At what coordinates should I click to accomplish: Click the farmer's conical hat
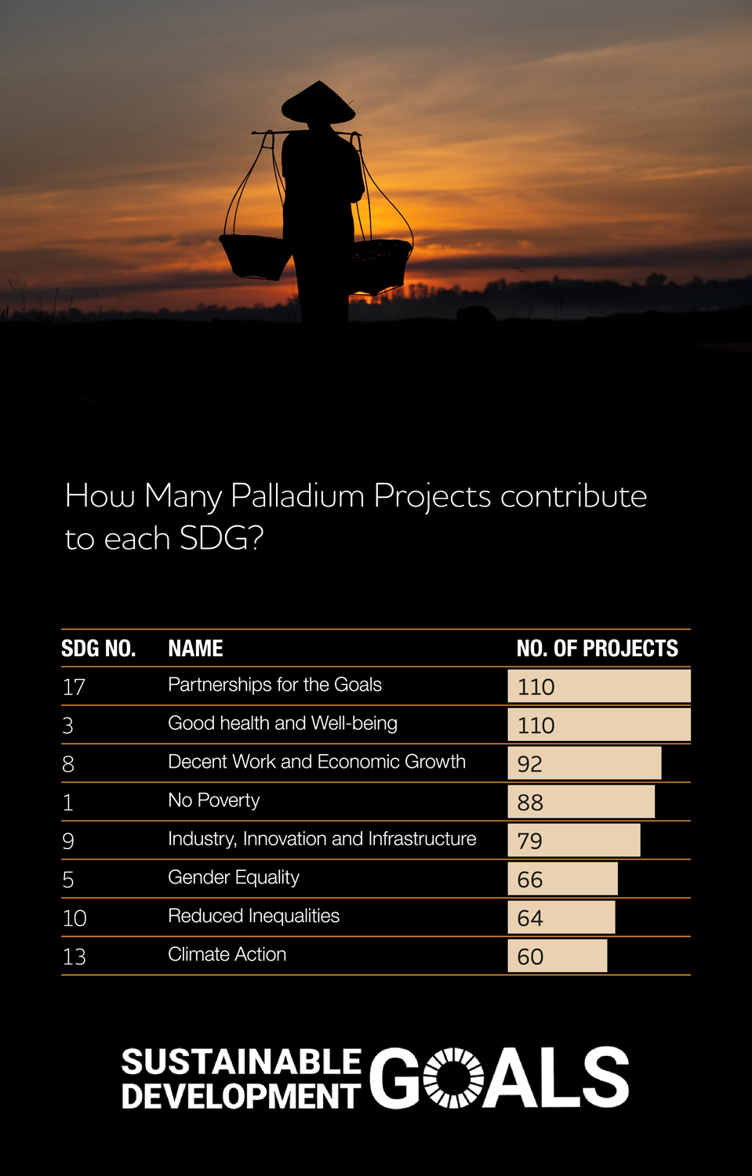tap(318, 103)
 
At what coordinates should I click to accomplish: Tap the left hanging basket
tap(255, 257)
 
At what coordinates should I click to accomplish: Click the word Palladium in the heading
tap(297, 496)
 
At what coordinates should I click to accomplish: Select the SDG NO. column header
tap(99, 648)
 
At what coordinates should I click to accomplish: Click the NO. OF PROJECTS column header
tap(597, 648)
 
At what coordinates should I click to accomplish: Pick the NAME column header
tap(195, 648)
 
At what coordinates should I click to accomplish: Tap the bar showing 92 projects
tap(584, 764)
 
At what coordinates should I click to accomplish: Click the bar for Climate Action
tap(558, 956)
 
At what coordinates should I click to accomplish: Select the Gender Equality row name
tap(234, 878)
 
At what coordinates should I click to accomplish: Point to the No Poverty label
tap(214, 800)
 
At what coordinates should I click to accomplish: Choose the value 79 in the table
tap(529, 841)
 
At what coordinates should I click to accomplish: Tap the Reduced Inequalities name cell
tap(253, 916)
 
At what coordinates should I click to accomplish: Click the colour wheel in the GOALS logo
tap(454, 1077)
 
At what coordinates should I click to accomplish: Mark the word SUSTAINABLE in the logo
tap(242, 1062)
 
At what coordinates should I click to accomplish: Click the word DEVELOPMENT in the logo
tap(242, 1096)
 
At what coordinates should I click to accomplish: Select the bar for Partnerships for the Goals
tap(599, 686)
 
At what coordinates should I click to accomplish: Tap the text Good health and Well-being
tap(282, 724)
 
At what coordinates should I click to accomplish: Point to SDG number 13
tap(74, 956)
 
